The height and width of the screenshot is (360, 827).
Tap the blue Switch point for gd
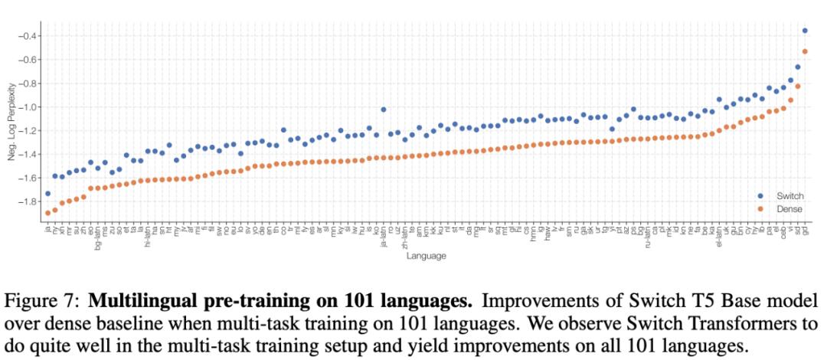pos(805,31)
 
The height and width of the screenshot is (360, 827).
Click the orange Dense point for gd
pos(805,51)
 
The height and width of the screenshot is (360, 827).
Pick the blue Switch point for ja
pos(47,194)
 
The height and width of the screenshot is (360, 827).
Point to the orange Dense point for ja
pos(47,213)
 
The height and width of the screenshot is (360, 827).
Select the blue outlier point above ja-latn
pos(383,110)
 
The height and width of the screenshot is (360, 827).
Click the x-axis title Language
pos(426,256)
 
